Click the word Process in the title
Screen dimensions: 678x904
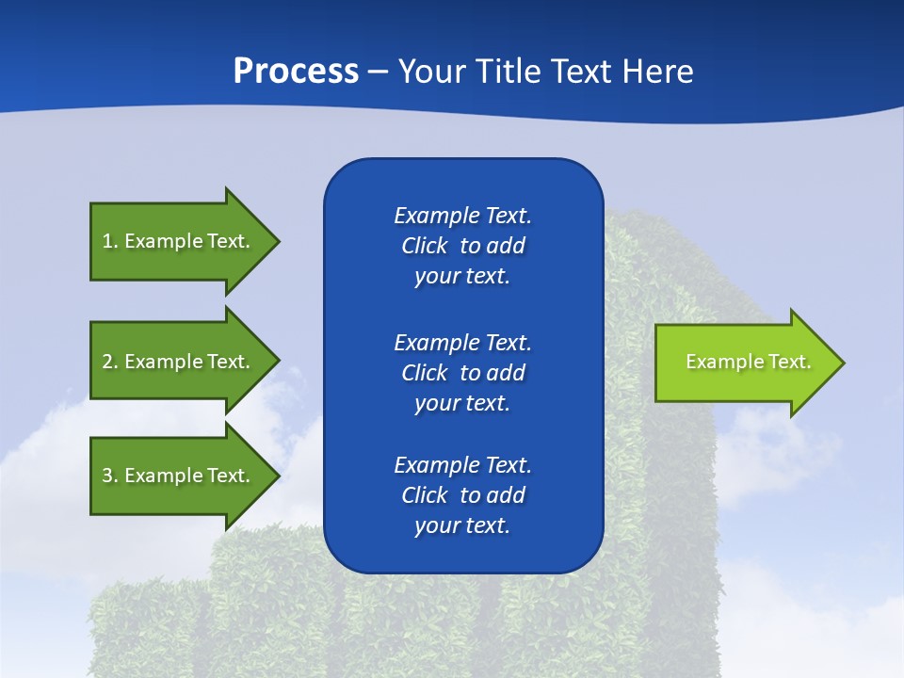pos(296,72)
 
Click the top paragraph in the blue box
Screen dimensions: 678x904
pos(462,246)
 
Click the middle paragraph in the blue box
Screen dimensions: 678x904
pos(462,373)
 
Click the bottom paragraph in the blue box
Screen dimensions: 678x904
pos(462,495)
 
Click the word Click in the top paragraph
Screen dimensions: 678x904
pos(424,246)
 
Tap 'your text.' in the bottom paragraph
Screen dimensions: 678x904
pos(462,525)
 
